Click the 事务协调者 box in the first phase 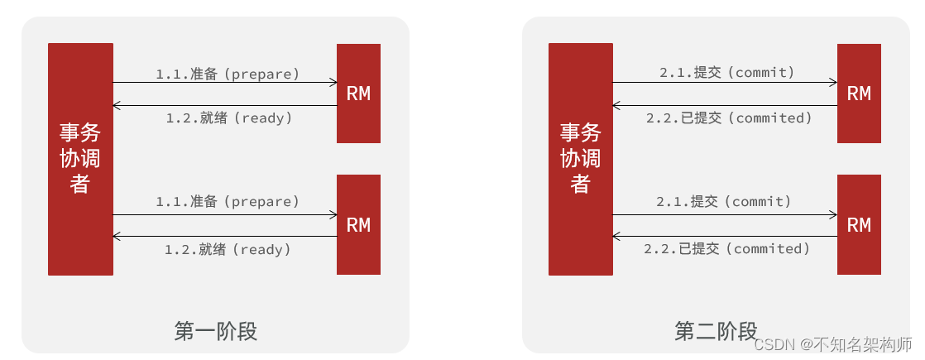(x=80, y=159)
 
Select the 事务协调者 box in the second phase (x=580, y=159)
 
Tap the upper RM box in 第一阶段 (x=358, y=94)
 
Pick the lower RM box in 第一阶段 (x=358, y=224)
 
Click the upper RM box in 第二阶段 (x=859, y=94)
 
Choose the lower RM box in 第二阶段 (x=859, y=224)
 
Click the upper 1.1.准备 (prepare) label (x=228, y=74)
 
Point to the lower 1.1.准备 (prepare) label (x=228, y=201)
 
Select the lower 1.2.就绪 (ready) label (x=228, y=248)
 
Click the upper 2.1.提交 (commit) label (x=726, y=73)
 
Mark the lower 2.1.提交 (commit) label (x=724, y=201)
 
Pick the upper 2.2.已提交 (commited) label (x=729, y=118)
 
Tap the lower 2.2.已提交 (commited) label (x=726, y=248)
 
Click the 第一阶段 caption (x=216, y=331)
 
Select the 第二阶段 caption (x=716, y=331)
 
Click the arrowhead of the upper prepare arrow (x=333, y=82)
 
